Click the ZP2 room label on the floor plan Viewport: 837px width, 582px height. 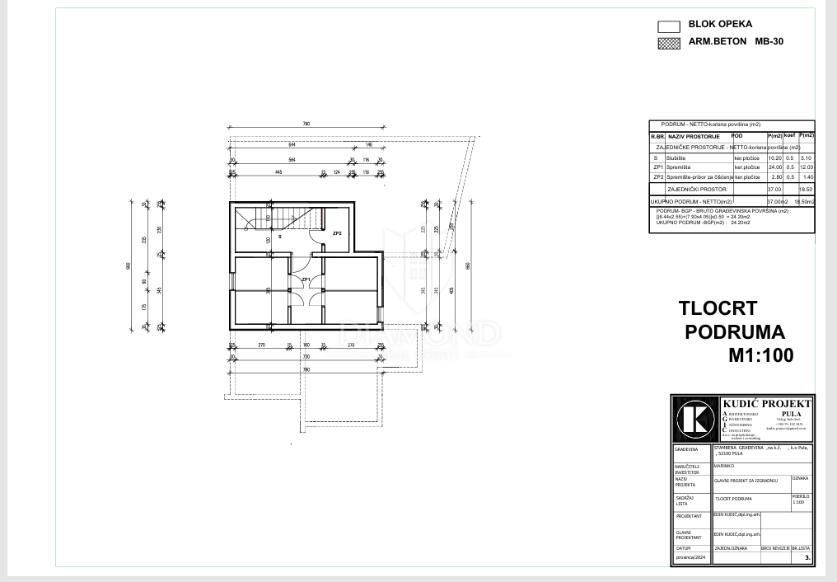point(337,233)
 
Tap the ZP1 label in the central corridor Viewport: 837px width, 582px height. point(305,280)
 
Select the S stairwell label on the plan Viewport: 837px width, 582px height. point(279,237)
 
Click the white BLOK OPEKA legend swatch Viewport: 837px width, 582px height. point(669,26)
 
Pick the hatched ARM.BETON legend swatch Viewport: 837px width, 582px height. point(669,42)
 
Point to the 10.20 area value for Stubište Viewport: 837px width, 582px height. point(774,157)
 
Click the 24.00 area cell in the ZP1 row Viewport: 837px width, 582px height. point(774,167)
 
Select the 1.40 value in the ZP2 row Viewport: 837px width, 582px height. point(807,176)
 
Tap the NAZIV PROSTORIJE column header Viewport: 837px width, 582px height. point(694,136)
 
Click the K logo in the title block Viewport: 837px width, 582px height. point(695,419)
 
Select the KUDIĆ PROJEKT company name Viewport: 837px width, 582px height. point(766,403)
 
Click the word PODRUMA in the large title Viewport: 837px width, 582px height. point(735,332)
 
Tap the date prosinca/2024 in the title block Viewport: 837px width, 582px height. point(691,558)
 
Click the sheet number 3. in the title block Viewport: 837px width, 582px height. point(807,558)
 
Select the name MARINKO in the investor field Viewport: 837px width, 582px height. point(724,465)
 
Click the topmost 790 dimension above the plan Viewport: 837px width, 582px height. point(306,124)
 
